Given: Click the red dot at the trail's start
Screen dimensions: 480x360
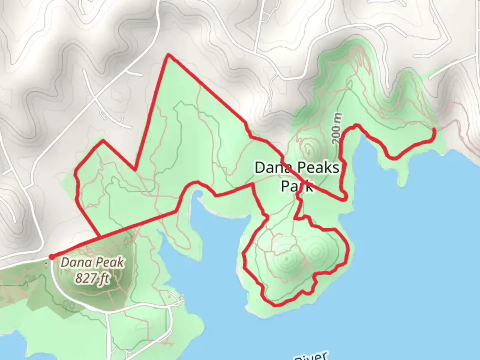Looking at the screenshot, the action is (51, 256).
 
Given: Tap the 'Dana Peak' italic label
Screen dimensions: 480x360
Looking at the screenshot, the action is (92, 263).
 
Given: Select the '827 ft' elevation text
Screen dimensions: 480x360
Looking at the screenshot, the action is (92, 277).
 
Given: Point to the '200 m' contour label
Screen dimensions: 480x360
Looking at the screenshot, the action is (338, 128).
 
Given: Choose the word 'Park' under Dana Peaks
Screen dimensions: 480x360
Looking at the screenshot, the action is (297, 186).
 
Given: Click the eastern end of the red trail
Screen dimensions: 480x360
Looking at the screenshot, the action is (434, 129).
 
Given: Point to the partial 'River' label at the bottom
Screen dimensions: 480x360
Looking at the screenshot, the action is (312, 356).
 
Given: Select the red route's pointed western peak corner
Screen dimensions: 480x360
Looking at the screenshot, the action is (103, 141).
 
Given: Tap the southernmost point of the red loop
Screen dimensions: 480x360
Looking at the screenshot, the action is (275, 305).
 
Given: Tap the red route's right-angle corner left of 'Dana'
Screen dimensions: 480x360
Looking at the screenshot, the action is (253, 184).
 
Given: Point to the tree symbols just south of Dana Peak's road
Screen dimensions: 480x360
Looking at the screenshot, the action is (69, 304).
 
